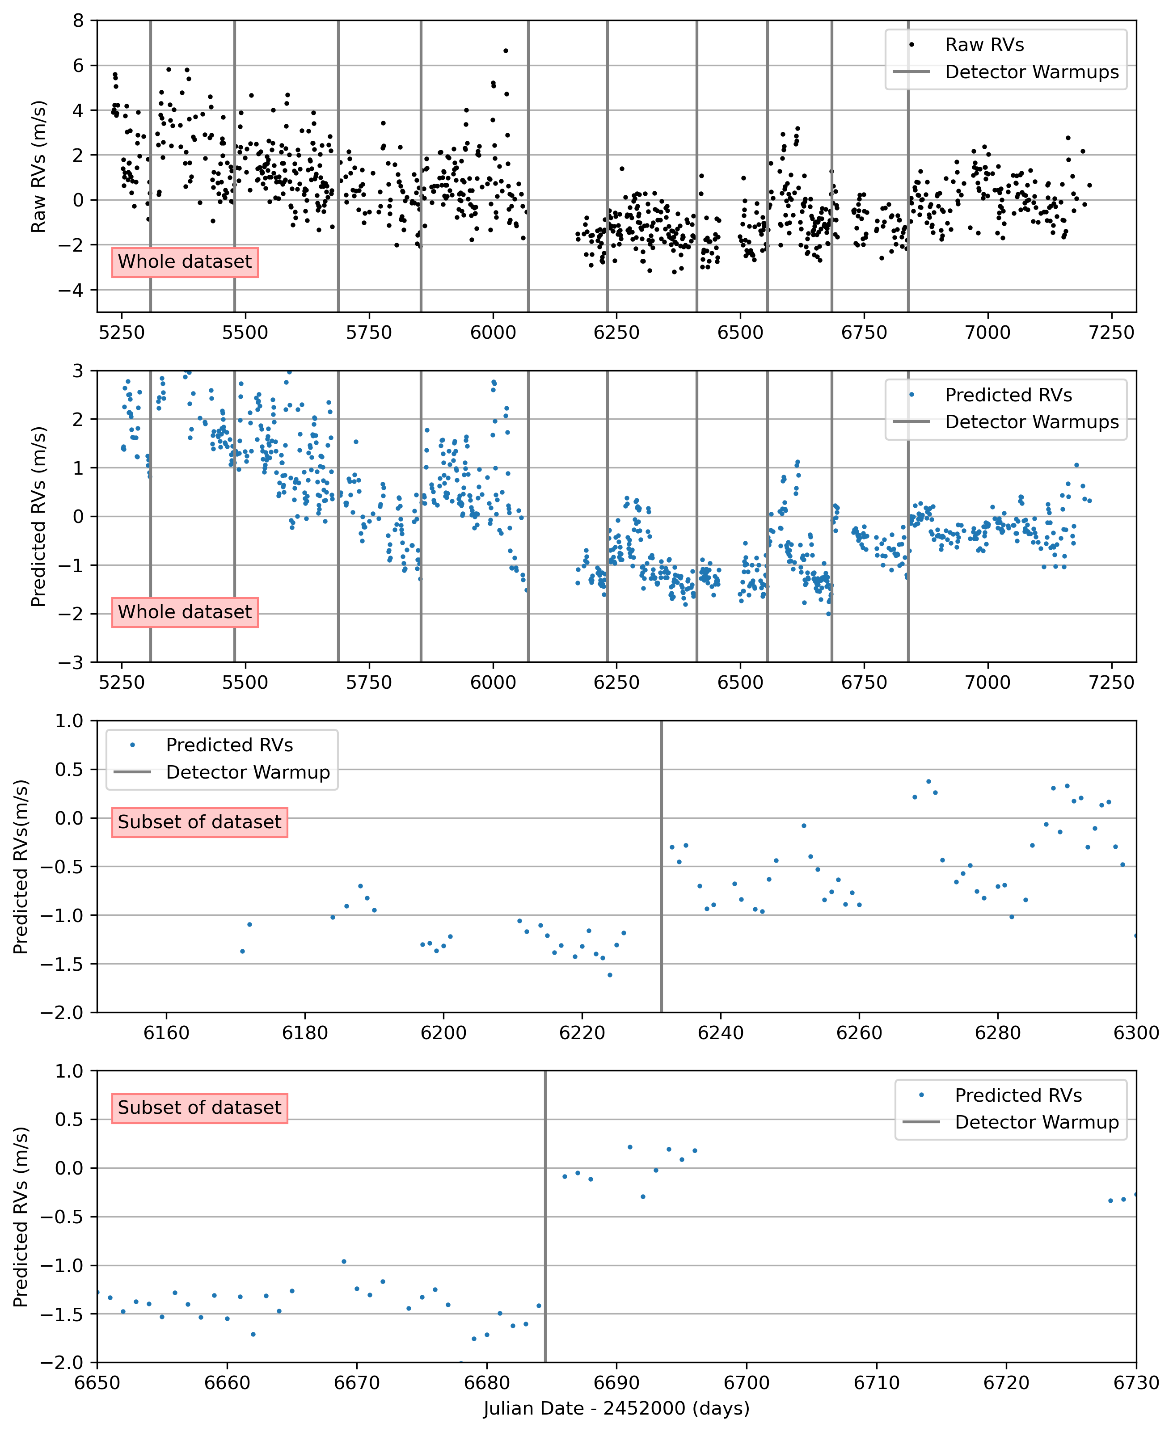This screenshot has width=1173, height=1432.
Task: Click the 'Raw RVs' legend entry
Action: pyautogui.click(x=984, y=45)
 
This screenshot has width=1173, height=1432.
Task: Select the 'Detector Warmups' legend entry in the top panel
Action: pyautogui.click(x=1031, y=72)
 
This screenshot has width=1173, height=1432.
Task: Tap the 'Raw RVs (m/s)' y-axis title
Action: pyautogui.click(x=38, y=166)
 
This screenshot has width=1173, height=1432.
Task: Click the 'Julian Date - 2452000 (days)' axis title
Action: pyautogui.click(x=616, y=1408)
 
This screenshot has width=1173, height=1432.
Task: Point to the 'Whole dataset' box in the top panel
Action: pyautogui.click(x=185, y=262)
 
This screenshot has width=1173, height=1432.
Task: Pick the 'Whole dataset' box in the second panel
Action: pyautogui.click(x=185, y=612)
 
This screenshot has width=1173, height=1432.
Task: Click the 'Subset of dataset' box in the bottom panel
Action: pyautogui.click(x=199, y=1108)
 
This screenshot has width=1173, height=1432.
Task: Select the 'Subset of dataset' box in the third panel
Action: pyautogui.click(x=199, y=822)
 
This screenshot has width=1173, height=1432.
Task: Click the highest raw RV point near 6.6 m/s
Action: pyautogui.click(x=506, y=51)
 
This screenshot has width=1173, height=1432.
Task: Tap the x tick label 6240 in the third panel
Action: pyautogui.click(x=721, y=1033)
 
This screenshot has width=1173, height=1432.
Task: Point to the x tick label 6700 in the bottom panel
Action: pyautogui.click(x=747, y=1383)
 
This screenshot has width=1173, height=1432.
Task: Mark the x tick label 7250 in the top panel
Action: pyautogui.click(x=1111, y=333)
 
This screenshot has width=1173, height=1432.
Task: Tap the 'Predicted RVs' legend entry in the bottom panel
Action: pyautogui.click(x=1017, y=1095)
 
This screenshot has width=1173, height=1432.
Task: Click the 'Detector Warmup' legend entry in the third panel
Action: pyautogui.click(x=247, y=772)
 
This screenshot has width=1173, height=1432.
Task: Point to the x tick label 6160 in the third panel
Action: pyautogui.click(x=166, y=1033)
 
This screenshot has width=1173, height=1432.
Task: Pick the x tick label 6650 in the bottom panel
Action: pyautogui.click(x=97, y=1383)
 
